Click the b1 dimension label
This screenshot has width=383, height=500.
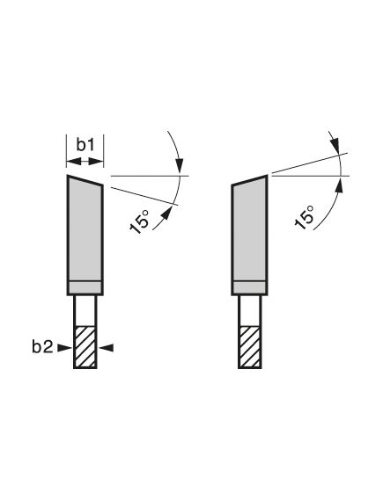85,145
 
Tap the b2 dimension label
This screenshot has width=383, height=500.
42,346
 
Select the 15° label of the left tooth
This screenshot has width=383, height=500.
140,221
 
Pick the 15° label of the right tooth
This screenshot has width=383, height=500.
305,217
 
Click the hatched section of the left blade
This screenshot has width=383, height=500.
85,347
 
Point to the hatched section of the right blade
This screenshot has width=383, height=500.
250,347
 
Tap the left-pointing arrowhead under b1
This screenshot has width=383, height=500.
73,162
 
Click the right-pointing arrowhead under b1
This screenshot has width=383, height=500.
97,162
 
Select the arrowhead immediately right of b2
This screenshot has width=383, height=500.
64,348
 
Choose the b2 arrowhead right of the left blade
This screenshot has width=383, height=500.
106,348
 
